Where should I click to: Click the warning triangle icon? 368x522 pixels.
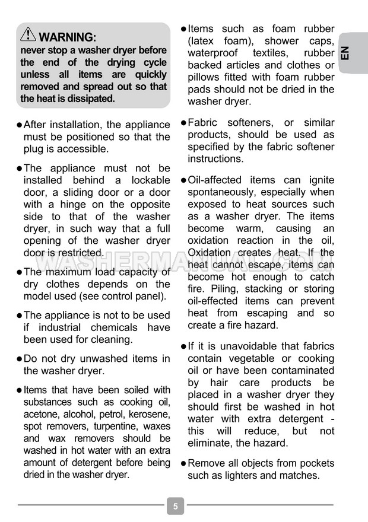click(28, 35)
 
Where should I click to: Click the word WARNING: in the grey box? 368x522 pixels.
click(67, 37)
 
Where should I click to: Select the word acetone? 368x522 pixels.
click(42, 414)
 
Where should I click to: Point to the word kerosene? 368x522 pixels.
click(150, 414)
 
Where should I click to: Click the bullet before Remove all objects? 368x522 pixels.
click(183, 463)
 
